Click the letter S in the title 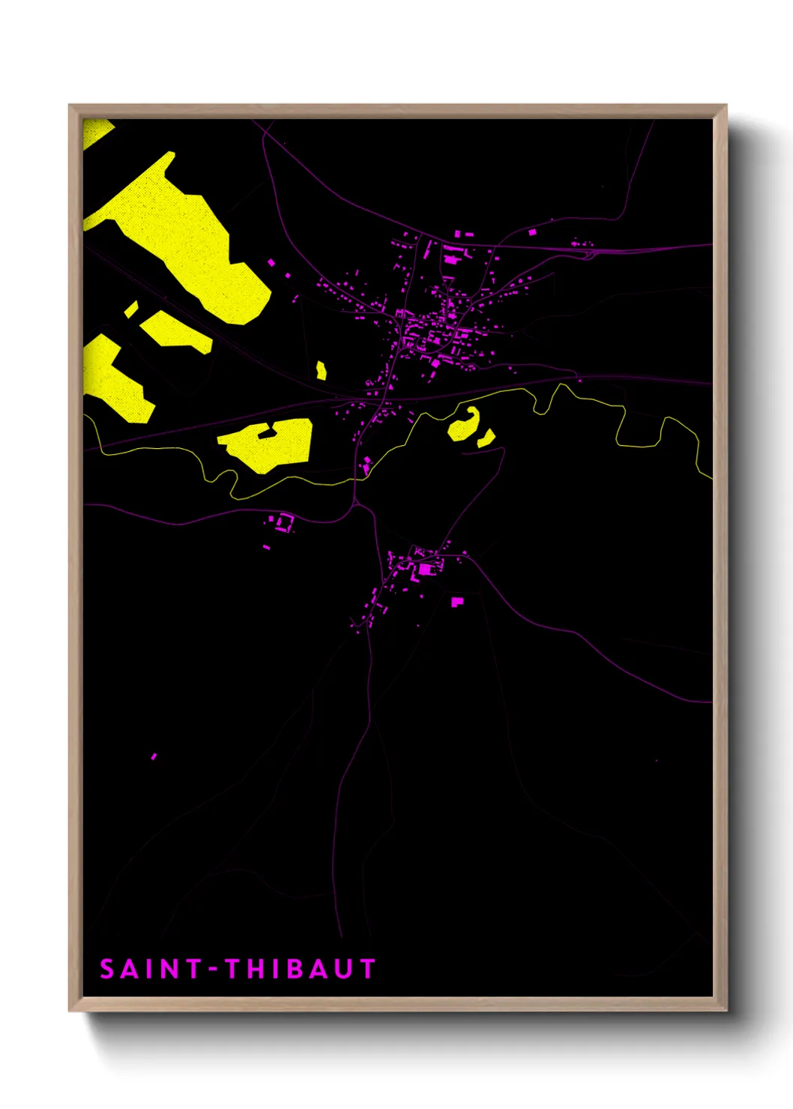click(108, 970)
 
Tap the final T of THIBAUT click(367, 970)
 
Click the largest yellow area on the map click(187, 240)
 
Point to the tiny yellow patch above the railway click(322, 370)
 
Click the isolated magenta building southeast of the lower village click(457, 601)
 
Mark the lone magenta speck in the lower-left click(154, 756)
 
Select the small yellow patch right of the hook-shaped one click(486, 438)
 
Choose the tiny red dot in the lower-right click(657, 761)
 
